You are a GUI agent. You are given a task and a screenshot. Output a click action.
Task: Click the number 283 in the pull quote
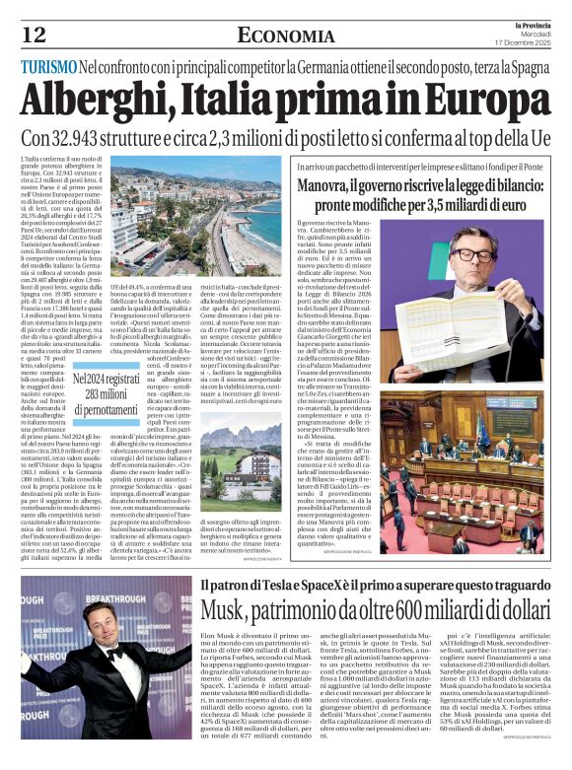pos(100,392)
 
